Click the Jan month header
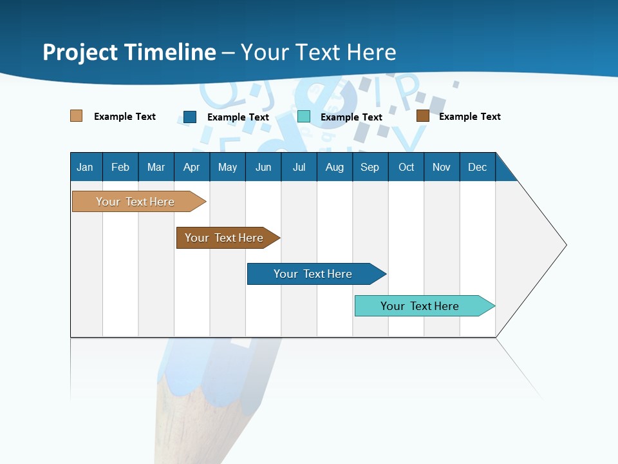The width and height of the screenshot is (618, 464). [x=86, y=167]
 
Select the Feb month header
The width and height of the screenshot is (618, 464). [x=120, y=167]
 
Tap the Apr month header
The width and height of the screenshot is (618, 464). [x=192, y=167]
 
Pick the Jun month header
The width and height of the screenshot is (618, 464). [x=263, y=167]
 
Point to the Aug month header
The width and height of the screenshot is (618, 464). [x=335, y=167]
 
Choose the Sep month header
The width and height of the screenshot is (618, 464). [x=370, y=167]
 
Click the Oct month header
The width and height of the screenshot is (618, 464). [x=406, y=167]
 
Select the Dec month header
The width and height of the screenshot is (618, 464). [x=478, y=167]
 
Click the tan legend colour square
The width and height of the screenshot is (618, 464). [x=77, y=116]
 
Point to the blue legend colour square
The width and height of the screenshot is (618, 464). [x=190, y=117]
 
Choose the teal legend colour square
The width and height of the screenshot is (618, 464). [x=304, y=117]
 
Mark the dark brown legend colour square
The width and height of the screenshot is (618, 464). [x=423, y=116]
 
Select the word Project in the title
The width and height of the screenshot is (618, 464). [x=80, y=52]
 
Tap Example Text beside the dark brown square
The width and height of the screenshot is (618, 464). [x=469, y=117]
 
